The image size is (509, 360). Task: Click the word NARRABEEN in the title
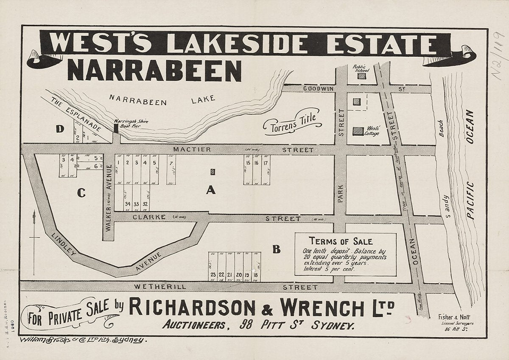pos(154,70)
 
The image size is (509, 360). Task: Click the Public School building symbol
pos(361,76)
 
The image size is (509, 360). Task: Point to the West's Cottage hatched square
pos(358,131)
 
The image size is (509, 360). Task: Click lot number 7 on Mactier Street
pos(171,163)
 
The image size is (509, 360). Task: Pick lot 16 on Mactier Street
pos(257,163)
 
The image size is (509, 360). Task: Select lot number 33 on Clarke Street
pos(136,204)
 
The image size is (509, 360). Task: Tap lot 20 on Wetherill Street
pos(239,275)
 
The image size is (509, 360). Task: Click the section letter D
pos(60,128)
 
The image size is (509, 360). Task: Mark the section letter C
pos(81,193)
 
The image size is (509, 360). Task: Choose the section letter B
pos(276,250)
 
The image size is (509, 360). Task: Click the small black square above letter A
pos(213,172)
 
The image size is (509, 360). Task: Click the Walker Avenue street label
pos(109,199)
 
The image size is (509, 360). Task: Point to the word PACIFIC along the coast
pos(470,200)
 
